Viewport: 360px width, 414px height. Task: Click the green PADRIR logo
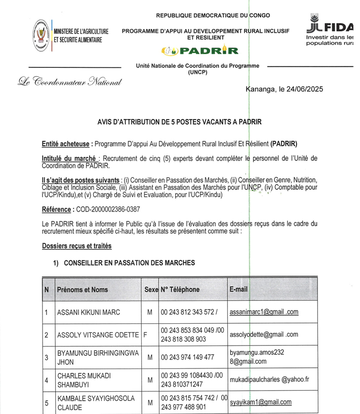point(199,50)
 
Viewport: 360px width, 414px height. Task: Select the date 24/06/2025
point(303,89)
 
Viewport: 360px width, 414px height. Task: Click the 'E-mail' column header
point(238,289)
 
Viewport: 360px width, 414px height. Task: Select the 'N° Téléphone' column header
point(180,289)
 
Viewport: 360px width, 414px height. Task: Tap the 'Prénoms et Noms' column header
point(83,289)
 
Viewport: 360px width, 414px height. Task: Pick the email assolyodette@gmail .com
point(264,334)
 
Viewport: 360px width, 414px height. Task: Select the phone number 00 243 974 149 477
point(188,357)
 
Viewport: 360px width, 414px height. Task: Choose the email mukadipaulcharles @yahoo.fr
point(269,379)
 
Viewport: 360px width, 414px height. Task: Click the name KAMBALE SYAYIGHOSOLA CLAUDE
point(89,402)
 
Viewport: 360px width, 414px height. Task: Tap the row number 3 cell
point(47,357)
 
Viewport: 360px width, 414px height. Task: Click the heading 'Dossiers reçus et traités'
point(76,246)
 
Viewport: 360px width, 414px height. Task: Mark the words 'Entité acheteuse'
point(66,143)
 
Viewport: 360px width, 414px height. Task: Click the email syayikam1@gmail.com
point(260,402)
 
